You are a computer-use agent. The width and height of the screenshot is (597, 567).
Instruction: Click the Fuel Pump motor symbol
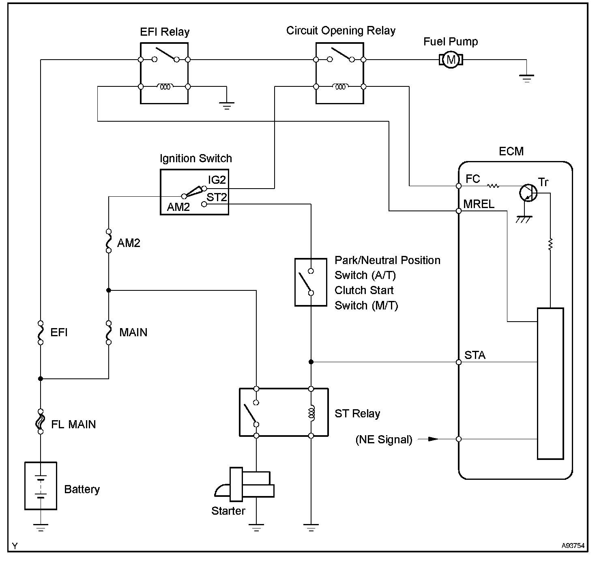click(x=451, y=60)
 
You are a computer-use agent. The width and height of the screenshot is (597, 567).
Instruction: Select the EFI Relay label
click(x=165, y=32)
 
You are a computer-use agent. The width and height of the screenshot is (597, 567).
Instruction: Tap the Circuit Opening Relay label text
click(x=341, y=30)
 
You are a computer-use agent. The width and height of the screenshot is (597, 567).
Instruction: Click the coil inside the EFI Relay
click(x=165, y=86)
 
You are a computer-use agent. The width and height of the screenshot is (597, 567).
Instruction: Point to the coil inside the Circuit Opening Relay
click(x=340, y=86)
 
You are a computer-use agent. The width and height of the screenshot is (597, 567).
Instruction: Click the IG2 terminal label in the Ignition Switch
click(x=217, y=180)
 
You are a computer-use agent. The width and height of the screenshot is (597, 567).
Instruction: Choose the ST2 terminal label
click(x=217, y=198)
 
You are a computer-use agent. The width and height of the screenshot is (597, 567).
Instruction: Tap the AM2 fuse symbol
click(x=108, y=241)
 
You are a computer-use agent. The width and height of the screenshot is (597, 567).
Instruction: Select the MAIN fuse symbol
click(x=108, y=333)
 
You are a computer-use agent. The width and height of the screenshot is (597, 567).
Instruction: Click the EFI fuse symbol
click(x=41, y=333)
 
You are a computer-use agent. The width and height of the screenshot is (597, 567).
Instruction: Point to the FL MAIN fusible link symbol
click(x=41, y=421)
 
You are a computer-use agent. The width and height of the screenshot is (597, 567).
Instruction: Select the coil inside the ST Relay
click(x=311, y=412)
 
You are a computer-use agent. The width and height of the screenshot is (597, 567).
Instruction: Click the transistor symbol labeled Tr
click(x=528, y=193)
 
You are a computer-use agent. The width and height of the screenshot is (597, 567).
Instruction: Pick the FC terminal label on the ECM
click(x=473, y=178)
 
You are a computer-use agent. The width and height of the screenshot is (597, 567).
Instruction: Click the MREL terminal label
click(x=479, y=204)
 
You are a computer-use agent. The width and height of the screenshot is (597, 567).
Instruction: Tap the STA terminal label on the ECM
click(x=475, y=355)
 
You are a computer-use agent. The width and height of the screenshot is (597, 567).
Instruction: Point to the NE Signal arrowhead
click(x=433, y=439)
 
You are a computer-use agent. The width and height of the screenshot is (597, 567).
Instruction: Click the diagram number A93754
click(x=573, y=546)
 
